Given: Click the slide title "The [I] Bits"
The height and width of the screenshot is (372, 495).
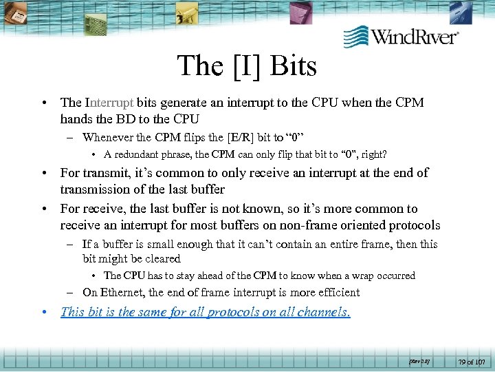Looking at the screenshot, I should pos(247,66).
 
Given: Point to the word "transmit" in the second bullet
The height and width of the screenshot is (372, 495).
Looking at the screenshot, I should pos(102,173).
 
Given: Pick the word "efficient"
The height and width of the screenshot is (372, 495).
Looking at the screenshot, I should pos(335,292).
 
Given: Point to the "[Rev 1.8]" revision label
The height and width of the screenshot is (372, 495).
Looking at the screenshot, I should pos(419,360).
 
